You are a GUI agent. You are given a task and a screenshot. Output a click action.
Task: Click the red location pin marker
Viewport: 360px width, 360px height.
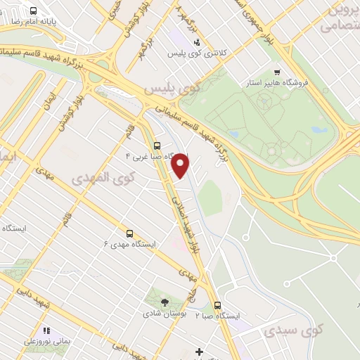click(x=181, y=165)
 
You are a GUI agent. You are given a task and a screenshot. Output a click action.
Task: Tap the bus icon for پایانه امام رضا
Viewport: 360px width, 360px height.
click(x=34, y=11)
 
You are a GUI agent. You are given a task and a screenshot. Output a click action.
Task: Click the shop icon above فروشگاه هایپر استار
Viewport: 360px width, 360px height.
click(x=277, y=72)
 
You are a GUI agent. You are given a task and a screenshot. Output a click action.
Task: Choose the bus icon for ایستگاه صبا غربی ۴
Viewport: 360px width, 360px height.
click(x=156, y=146)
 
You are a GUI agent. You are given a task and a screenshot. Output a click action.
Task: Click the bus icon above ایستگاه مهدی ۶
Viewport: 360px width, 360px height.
click(x=129, y=233)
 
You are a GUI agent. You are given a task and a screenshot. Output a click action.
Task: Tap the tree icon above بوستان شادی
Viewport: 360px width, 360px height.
click(x=165, y=302)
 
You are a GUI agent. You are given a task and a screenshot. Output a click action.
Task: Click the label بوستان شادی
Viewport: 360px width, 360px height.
click(x=165, y=314)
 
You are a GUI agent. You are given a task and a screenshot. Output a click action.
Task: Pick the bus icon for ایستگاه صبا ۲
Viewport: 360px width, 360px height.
click(x=217, y=305)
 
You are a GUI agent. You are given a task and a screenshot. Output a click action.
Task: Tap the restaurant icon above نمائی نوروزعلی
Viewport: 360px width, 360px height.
click(x=46, y=330)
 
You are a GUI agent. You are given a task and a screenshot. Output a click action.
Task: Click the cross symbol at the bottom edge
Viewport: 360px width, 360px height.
click(x=199, y=351)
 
